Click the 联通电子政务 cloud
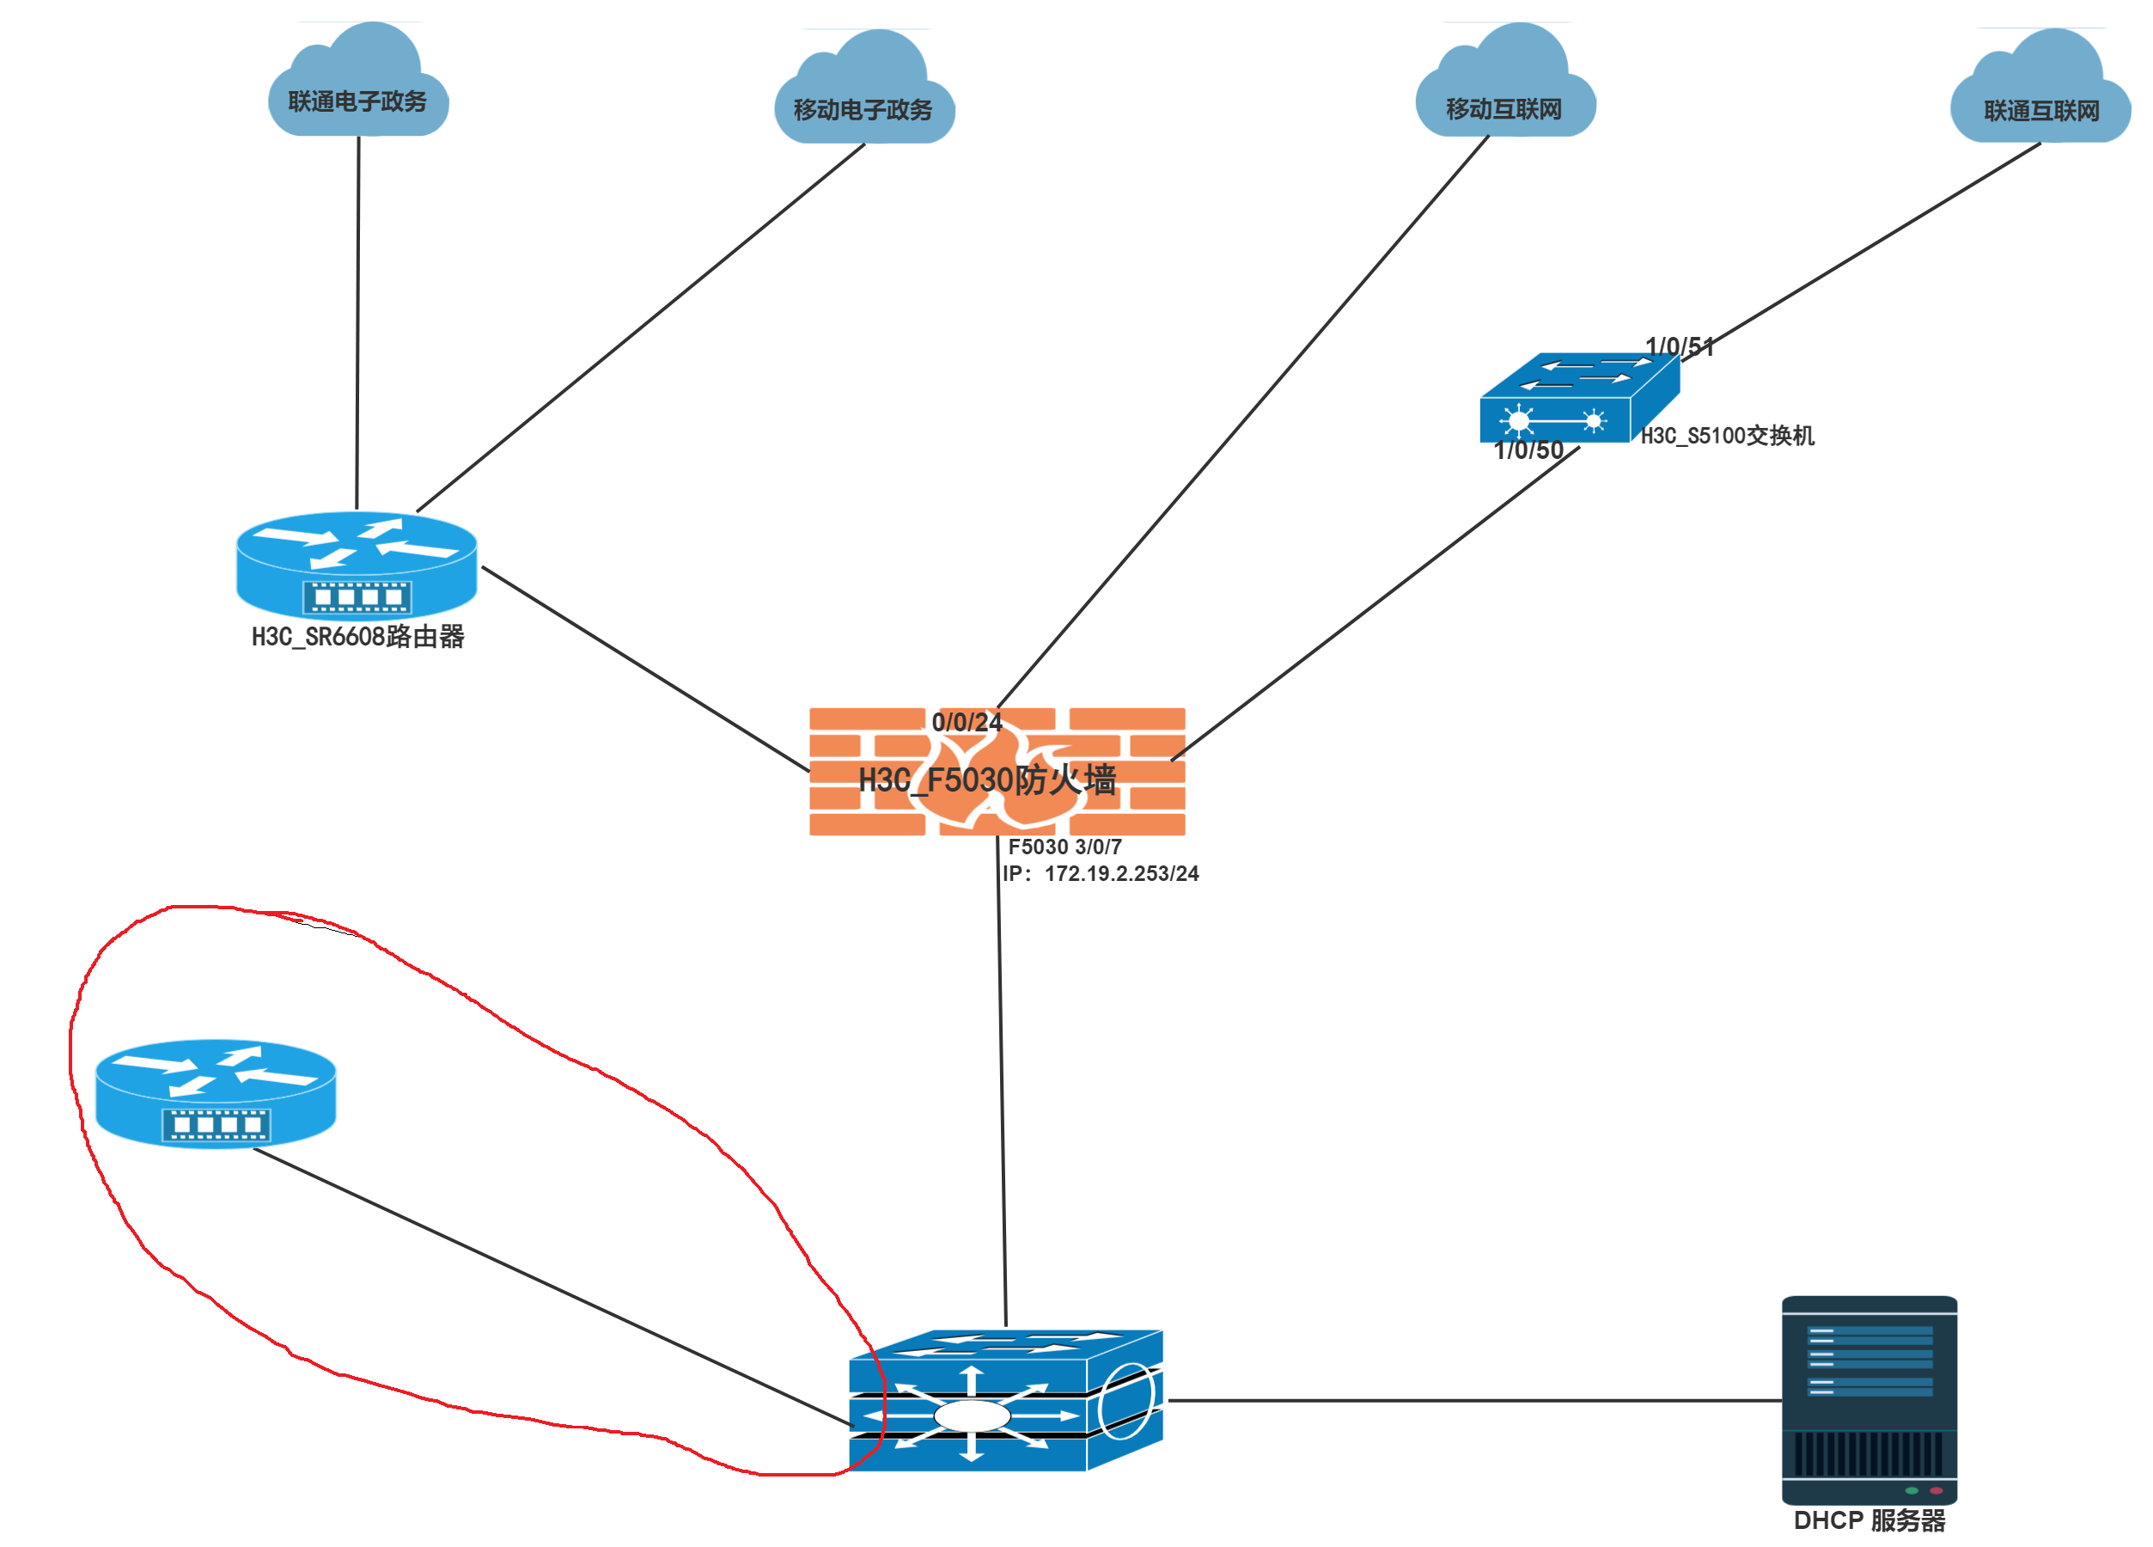pyautogui.click(x=358, y=85)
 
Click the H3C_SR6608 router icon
pyautogui.click(x=356, y=564)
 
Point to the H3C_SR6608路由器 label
pyautogui.click(x=358, y=636)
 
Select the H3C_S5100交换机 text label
pyautogui.click(x=1727, y=436)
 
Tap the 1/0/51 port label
pyautogui.click(x=1679, y=346)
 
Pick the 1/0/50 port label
pyautogui.click(x=1528, y=450)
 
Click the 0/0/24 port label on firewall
pyautogui.click(x=967, y=722)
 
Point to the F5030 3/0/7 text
pyautogui.click(x=1064, y=847)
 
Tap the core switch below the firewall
pyautogui.click(x=1005, y=1400)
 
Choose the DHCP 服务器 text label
pyautogui.click(x=1869, y=1520)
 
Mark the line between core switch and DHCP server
pyautogui.click(x=1472, y=1400)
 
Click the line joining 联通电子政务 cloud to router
pyautogui.click(x=358, y=323)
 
